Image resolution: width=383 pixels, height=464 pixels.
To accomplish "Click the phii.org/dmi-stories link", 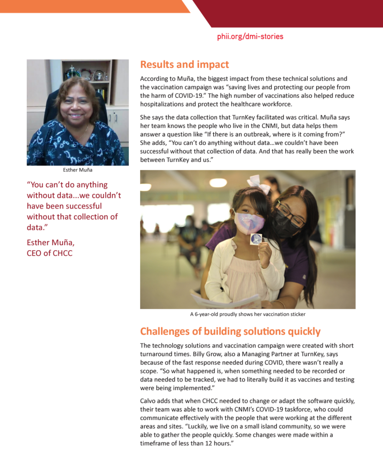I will tap(250, 36).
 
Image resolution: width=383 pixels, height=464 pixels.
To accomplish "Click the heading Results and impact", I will tap(184, 64).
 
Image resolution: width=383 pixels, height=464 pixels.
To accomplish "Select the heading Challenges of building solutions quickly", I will tap(230, 331).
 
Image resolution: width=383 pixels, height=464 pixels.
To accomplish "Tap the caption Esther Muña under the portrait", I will tap(77, 170).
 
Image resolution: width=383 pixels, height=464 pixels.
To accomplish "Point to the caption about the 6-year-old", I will tap(247, 314).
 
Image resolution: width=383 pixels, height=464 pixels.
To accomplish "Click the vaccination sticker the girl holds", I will tap(256, 239).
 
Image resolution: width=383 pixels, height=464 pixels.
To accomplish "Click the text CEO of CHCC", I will tap(49, 253).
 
